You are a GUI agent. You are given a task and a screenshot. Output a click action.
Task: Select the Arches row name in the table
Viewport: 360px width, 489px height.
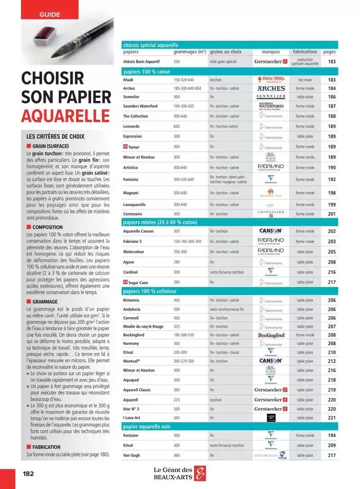129,89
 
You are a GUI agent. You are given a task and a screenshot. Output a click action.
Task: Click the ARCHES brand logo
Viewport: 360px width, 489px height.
271,89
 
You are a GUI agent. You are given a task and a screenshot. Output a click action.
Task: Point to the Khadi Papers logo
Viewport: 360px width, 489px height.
271,80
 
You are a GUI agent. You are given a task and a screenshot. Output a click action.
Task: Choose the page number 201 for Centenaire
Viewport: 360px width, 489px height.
331,214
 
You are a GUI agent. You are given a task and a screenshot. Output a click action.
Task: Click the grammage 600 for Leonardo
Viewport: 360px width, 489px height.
176,126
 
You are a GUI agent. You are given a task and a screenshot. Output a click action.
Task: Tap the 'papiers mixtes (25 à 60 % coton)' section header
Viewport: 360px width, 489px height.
160,222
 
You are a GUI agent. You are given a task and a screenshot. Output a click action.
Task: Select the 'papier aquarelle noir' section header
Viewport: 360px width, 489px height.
147,427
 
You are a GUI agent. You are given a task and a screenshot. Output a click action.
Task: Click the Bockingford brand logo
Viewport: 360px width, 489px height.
271,335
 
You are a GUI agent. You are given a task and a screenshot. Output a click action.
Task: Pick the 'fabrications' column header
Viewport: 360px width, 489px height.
305,52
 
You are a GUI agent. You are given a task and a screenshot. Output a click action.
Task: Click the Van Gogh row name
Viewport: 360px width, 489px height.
132,455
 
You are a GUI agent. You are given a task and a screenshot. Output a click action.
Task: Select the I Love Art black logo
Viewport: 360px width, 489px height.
271,417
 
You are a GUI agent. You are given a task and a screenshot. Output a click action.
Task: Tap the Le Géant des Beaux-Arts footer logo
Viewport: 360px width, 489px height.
180,473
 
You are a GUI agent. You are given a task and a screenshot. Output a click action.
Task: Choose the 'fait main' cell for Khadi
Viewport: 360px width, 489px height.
304,80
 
